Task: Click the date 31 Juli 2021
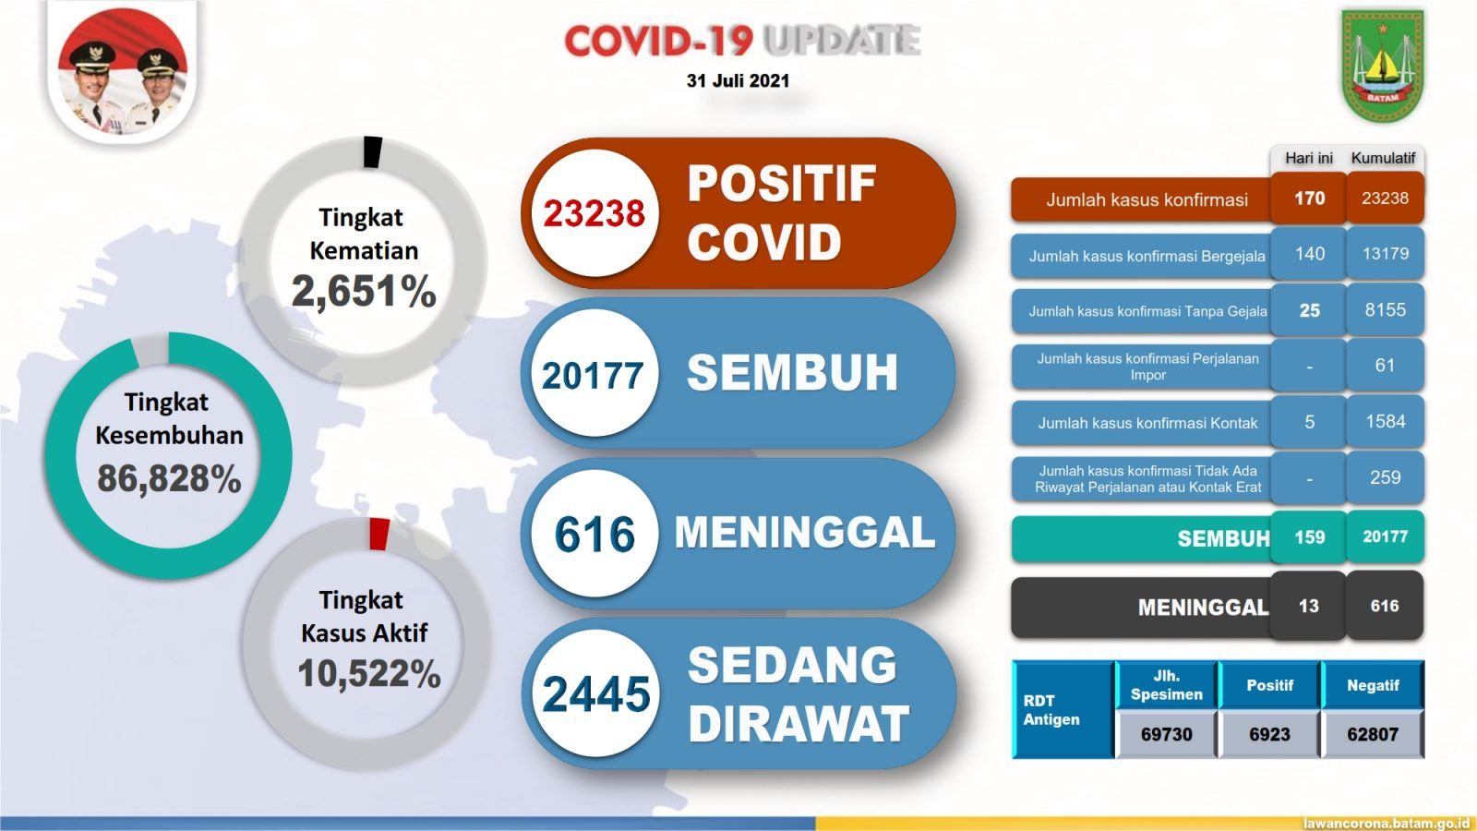(x=738, y=80)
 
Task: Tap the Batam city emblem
(x=1383, y=66)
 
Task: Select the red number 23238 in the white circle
(x=594, y=213)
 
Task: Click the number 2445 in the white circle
(x=596, y=693)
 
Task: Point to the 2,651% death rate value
(x=364, y=292)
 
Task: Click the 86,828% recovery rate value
(x=170, y=478)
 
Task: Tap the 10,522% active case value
(x=369, y=673)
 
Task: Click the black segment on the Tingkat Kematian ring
(x=373, y=151)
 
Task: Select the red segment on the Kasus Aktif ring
(x=379, y=535)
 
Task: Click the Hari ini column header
(x=1309, y=158)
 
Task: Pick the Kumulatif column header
(x=1384, y=158)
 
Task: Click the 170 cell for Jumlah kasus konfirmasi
(x=1309, y=198)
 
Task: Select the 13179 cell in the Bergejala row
(x=1385, y=254)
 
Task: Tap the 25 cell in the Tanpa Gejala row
(x=1309, y=310)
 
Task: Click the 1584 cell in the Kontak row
(x=1385, y=421)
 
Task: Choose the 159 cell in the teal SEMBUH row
(x=1309, y=536)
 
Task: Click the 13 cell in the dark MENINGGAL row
(x=1309, y=606)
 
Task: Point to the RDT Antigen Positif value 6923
(x=1269, y=734)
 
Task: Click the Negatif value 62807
(x=1373, y=734)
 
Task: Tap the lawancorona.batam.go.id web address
(x=1388, y=824)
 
